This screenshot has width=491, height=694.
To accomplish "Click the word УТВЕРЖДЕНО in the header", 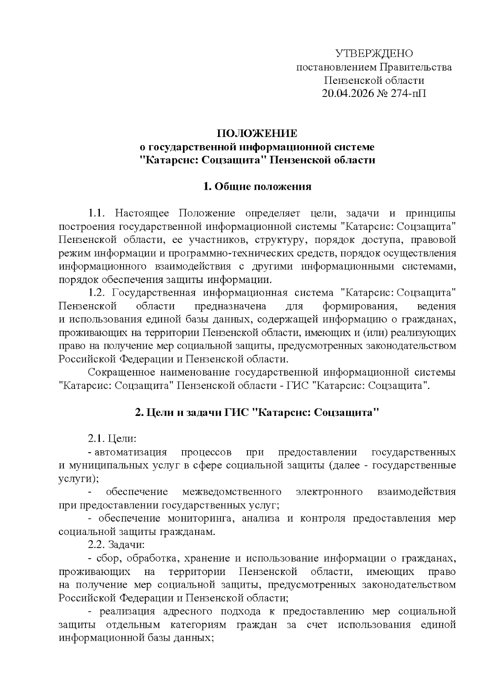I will point(374,54).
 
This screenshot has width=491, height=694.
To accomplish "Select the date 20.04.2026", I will point(348,94).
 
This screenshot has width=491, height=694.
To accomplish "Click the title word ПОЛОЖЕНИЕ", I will point(257,133).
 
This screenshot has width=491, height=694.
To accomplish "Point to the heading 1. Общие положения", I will point(257,187).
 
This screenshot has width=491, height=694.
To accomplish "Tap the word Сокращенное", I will point(122,373).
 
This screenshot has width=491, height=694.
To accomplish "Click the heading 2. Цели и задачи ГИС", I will point(257,413).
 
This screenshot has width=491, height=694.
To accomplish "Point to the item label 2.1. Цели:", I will point(111,439).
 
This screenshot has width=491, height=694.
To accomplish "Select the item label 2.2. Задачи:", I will point(116,545).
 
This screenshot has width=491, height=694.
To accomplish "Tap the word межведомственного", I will point(232,492).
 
